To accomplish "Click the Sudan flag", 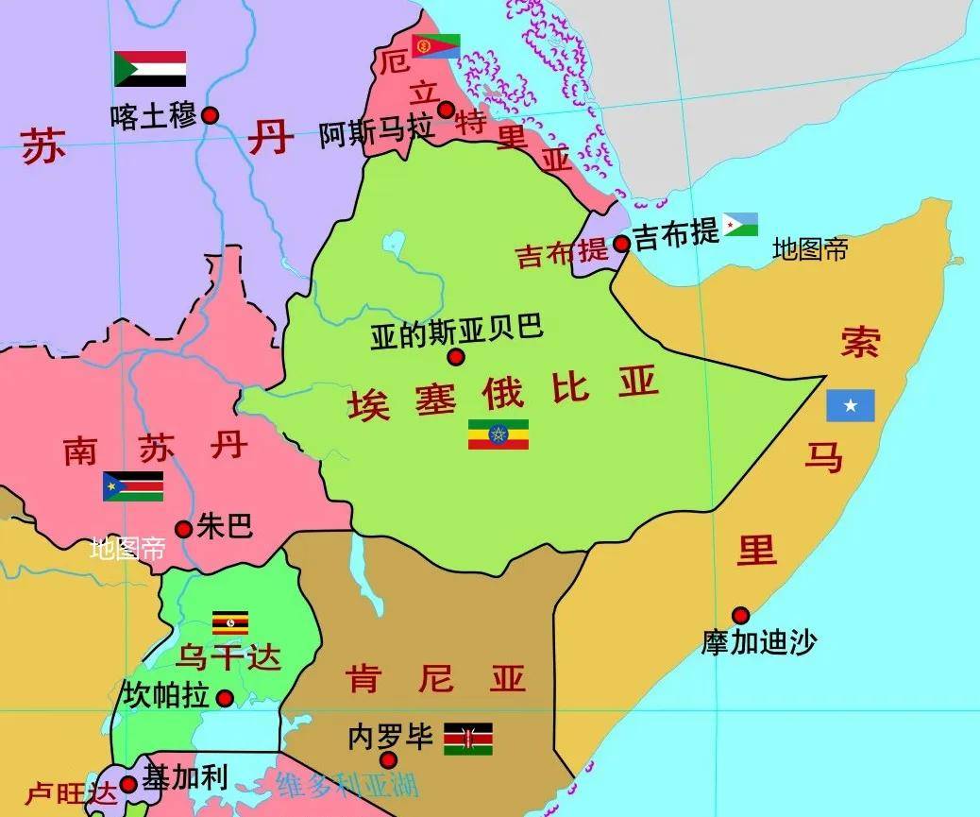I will pyautogui.click(x=150, y=69).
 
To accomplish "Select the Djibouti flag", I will pyautogui.click(x=740, y=225).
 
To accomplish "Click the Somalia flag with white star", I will pyautogui.click(x=851, y=405).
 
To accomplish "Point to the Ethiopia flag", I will pyautogui.click(x=498, y=434).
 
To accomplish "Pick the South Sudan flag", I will pyautogui.click(x=133, y=486).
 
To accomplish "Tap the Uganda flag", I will pyautogui.click(x=230, y=622).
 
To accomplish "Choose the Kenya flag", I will pyautogui.click(x=468, y=740).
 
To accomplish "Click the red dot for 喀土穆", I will pyautogui.click(x=211, y=115).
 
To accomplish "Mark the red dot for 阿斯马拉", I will pyautogui.click(x=446, y=110).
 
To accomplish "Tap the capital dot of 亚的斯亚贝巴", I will pyautogui.click(x=456, y=357).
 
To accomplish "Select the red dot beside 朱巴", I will pyautogui.click(x=183, y=529).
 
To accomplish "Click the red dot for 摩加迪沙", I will pyautogui.click(x=740, y=615).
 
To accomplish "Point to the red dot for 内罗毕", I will pyautogui.click(x=388, y=760).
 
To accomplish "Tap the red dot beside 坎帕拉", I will pyautogui.click(x=225, y=699).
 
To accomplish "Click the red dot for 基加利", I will pyautogui.click(x=128, y=784).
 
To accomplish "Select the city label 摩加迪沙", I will pyautogui.click(x=759, y=642).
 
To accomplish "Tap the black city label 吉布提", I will pyautogui.click(x=676, y=234).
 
